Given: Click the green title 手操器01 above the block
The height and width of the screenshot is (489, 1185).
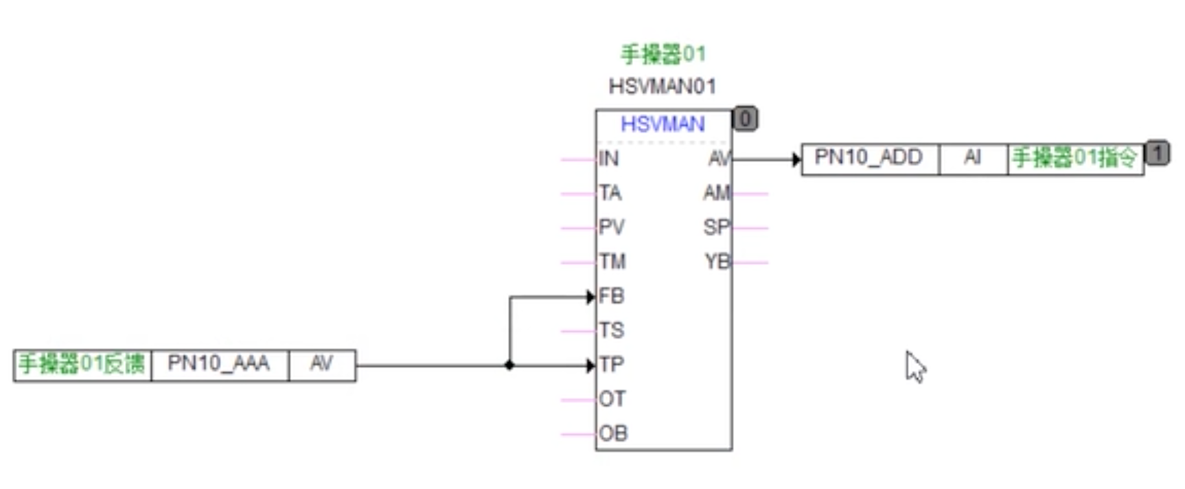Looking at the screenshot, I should click(663, 54).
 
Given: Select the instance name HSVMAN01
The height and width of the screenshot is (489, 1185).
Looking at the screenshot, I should click(663, 87).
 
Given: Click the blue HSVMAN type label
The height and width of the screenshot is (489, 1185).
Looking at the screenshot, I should click(663, 124).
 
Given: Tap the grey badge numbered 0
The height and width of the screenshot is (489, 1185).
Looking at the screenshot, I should click(745, 119).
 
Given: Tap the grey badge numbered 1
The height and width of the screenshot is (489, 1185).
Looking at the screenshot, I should click(1158, 152).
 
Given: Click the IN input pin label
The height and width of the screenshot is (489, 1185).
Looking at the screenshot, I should click(609, 159).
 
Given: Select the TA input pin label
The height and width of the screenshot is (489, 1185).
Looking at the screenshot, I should click(610, 193).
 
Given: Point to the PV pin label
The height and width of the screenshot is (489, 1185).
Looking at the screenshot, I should click(612, 227).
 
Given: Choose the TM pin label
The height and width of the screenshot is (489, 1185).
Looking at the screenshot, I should click(612, 262).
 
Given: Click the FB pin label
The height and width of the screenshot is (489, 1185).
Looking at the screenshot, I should click(612, 296).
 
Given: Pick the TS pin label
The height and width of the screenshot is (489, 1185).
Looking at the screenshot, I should click(612, 330).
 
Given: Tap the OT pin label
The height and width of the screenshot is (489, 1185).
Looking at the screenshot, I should click(612, 399).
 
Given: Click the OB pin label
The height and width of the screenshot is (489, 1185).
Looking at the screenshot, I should click(613, 433).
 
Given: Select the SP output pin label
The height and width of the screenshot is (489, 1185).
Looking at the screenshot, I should click(716, 227).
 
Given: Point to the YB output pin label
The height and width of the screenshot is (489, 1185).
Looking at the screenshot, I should click(717, 262).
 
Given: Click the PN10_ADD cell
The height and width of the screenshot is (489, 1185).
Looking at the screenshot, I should click(868, 158).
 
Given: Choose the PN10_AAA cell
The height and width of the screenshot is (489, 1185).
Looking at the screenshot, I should click(219, 363).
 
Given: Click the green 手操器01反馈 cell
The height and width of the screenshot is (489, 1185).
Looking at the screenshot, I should click(82, 364).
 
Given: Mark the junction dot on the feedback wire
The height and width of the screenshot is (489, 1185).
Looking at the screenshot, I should click(509, 365).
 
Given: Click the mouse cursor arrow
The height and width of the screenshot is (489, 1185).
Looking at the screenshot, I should click(914, 366).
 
